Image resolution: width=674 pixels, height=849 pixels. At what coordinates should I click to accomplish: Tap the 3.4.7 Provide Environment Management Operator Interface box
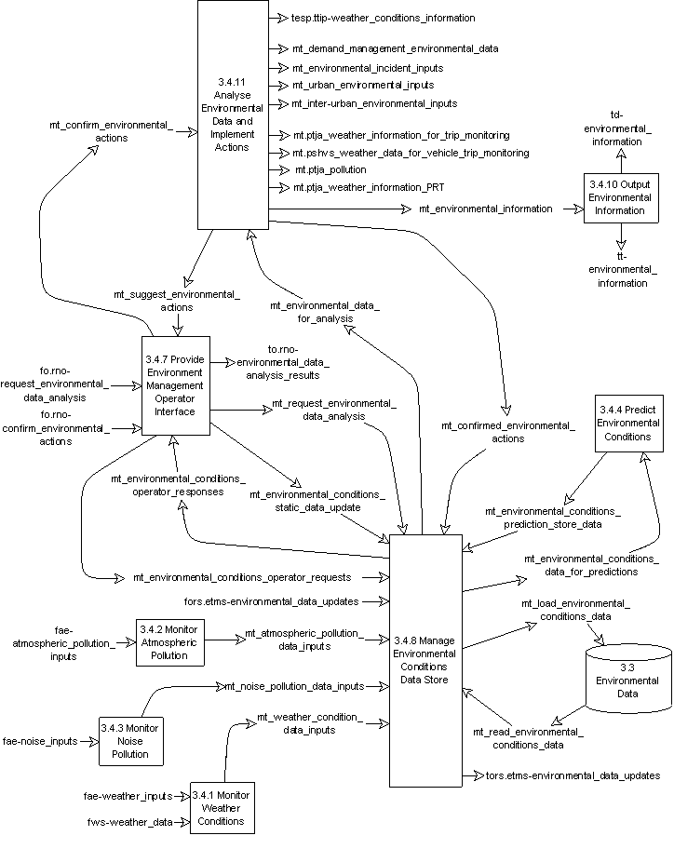pos(176,384)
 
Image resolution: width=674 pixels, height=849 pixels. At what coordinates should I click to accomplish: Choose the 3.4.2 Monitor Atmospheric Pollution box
pos(168,641)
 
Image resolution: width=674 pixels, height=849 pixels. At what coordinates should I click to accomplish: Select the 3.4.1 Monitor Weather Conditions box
pos(221,807)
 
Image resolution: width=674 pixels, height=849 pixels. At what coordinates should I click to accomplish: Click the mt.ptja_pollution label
pos(330,169)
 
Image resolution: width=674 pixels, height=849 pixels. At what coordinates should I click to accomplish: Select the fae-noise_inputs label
pos(42,741)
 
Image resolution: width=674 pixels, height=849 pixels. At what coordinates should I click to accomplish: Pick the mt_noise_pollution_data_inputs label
pos(293,687)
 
